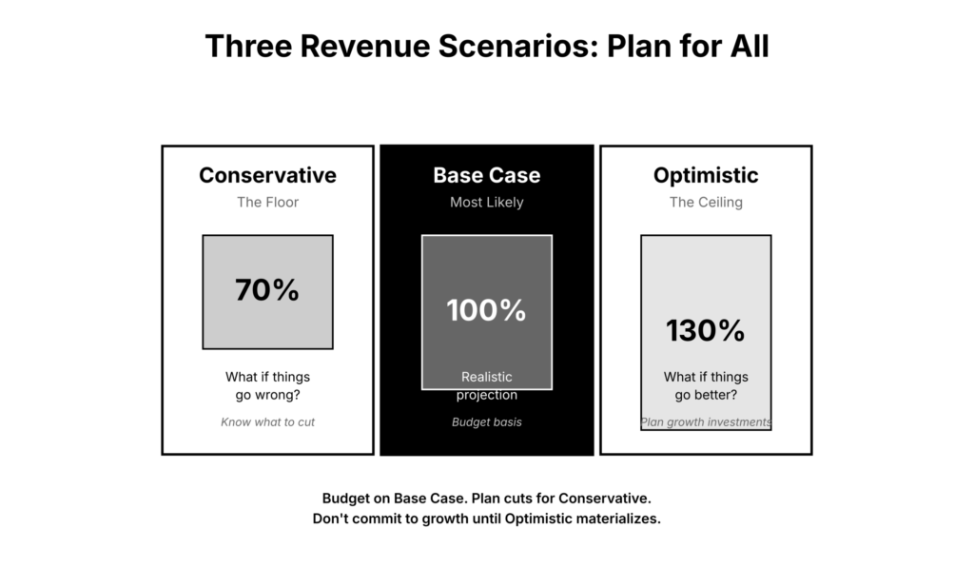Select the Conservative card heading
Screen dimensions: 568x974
[267, 175]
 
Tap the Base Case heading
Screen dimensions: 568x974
[486, 175]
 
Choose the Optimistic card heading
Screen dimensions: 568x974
[706, 175]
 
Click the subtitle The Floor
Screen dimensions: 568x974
[267, 202]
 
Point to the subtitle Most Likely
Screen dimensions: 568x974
[486, 202]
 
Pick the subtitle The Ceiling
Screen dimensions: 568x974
[706, 202]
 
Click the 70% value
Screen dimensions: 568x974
[267, 291]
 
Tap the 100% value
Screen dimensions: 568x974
[486, 310]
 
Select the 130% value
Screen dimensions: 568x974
[706, 331]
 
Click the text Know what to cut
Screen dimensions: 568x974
[267, 421]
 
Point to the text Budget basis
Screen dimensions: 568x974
[486, 421]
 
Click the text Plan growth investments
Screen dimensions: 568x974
[706, 421]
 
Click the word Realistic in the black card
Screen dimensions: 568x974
[486, 378]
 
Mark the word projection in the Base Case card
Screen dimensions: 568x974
[486, 395]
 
